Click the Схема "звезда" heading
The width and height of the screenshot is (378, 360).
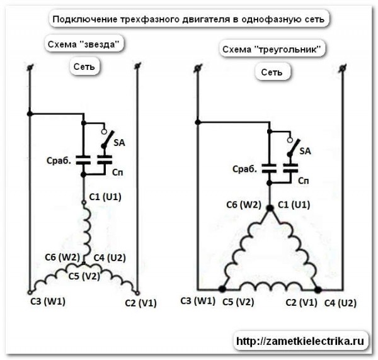(83, 44)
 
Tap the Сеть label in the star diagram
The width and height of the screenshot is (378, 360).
(84, 66)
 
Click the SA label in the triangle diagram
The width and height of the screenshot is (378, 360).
(305, 151)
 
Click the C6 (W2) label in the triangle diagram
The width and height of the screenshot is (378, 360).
(243, 205)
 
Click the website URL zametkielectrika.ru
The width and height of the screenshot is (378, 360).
(300, 342)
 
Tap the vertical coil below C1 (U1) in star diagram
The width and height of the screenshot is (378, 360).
(86, 227)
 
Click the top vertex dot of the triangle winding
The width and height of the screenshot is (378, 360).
(270, 208)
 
